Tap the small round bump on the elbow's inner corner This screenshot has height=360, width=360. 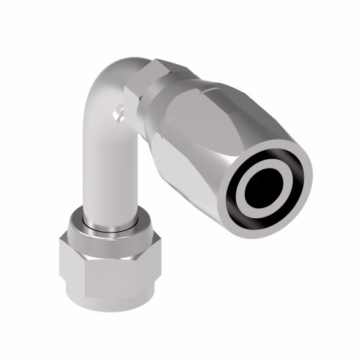coord(120,112)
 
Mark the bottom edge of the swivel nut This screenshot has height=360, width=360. coord(108,307)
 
